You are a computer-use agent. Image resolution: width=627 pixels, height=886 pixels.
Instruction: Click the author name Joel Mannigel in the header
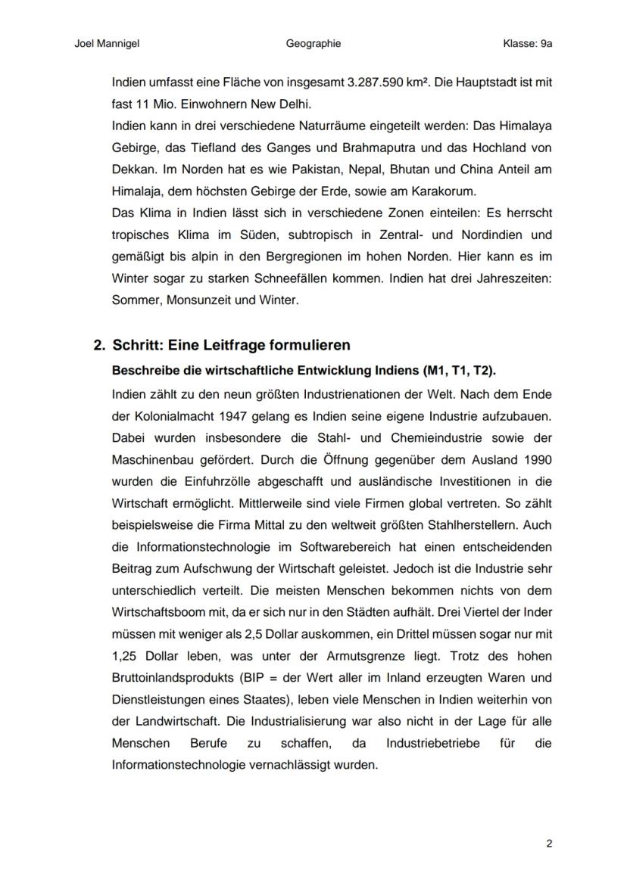[107, 44]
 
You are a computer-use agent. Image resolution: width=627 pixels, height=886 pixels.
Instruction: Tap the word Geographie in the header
[313, 44]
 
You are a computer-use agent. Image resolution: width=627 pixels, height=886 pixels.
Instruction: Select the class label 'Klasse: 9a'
[527, 44]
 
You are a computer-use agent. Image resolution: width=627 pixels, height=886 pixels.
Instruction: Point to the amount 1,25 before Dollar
[125, 655]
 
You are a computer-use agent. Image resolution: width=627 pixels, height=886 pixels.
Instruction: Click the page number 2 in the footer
[549, 844]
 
